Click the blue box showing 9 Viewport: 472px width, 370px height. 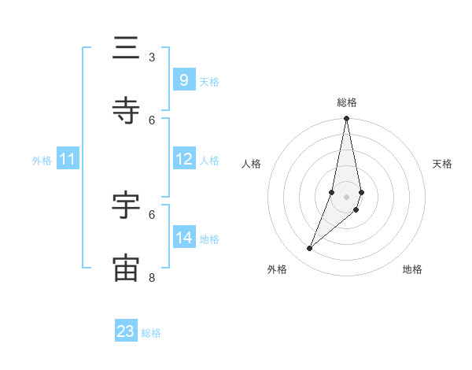(183, 80)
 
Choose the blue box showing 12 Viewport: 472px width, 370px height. (183, 159)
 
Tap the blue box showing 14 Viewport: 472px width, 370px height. (183, 238)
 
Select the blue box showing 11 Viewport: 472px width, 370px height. (68, 159)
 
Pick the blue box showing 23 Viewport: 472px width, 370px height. (126, 331)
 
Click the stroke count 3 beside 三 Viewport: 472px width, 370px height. (152, 57)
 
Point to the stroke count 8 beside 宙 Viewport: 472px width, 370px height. (152, 277)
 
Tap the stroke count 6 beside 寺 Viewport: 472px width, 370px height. (152, 120)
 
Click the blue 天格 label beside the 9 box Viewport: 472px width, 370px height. (209, 82)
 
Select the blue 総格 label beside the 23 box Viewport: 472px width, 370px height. (151, 333)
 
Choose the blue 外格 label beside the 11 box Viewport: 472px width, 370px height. (42, 161)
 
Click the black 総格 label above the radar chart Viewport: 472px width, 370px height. (347, 102)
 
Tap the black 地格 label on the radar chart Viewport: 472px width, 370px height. (412, 269)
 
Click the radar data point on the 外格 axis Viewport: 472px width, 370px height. (310, 249)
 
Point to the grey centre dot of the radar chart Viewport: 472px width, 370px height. (347, 197)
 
